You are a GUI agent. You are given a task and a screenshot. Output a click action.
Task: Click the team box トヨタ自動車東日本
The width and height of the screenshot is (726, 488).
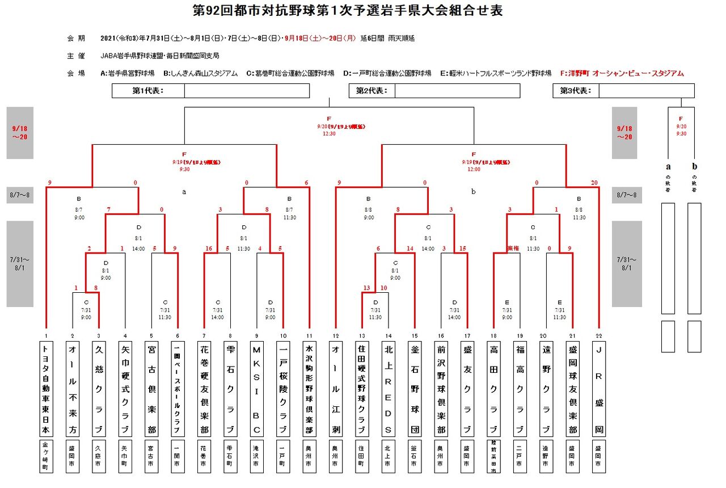(x=45, y=388)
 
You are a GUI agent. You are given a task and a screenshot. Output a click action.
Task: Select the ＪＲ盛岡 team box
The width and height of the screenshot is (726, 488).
(x=599, y=388)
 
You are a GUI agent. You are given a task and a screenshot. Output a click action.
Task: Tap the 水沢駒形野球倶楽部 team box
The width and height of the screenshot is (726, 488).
(x=309, y=388)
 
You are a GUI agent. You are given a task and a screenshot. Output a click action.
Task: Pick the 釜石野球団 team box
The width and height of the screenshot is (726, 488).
(x=415, y=388)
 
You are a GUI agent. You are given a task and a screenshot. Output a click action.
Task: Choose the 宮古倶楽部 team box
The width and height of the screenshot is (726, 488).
(x=151, y=388)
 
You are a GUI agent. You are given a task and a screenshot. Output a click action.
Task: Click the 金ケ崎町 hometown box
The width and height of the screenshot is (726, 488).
(x=45, y=456)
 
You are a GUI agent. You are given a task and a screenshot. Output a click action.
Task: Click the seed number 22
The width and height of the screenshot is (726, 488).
(x=599, y=334)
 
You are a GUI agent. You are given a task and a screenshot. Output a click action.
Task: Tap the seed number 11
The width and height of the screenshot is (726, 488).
(x=309, y=334)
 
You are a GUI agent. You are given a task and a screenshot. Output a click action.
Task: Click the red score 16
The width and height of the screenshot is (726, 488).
(x=208, y=249)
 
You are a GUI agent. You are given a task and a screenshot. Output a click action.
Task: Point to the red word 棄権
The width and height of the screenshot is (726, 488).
(x=513, y=249)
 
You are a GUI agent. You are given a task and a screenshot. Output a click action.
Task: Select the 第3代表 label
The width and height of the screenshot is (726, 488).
(x=576, y=91)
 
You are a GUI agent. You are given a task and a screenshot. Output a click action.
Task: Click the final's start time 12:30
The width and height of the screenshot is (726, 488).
(x=329, y=134)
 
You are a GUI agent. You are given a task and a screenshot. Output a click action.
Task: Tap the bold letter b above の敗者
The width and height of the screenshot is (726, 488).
(x=694, y=167)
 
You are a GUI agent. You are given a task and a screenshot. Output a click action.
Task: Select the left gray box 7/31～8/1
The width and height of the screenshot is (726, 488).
(x=20, y=264)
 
